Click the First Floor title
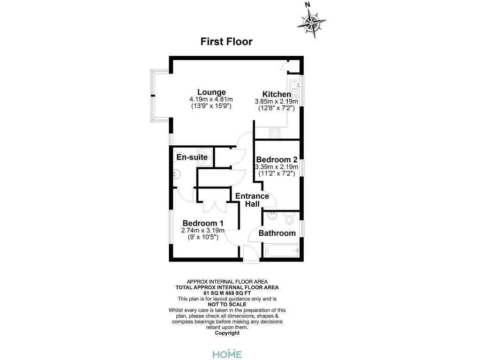click(226, 42)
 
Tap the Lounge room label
click(211, 92)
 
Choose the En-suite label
click(192, 157)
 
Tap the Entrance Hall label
click(252, 200)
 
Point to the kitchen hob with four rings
click(275, 133)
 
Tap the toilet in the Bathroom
click(289, 218)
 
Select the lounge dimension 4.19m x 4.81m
click(211, 99)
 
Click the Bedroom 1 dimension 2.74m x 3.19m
click(202, 230)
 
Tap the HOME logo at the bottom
click(227, 353)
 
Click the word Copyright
click(227, 333)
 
